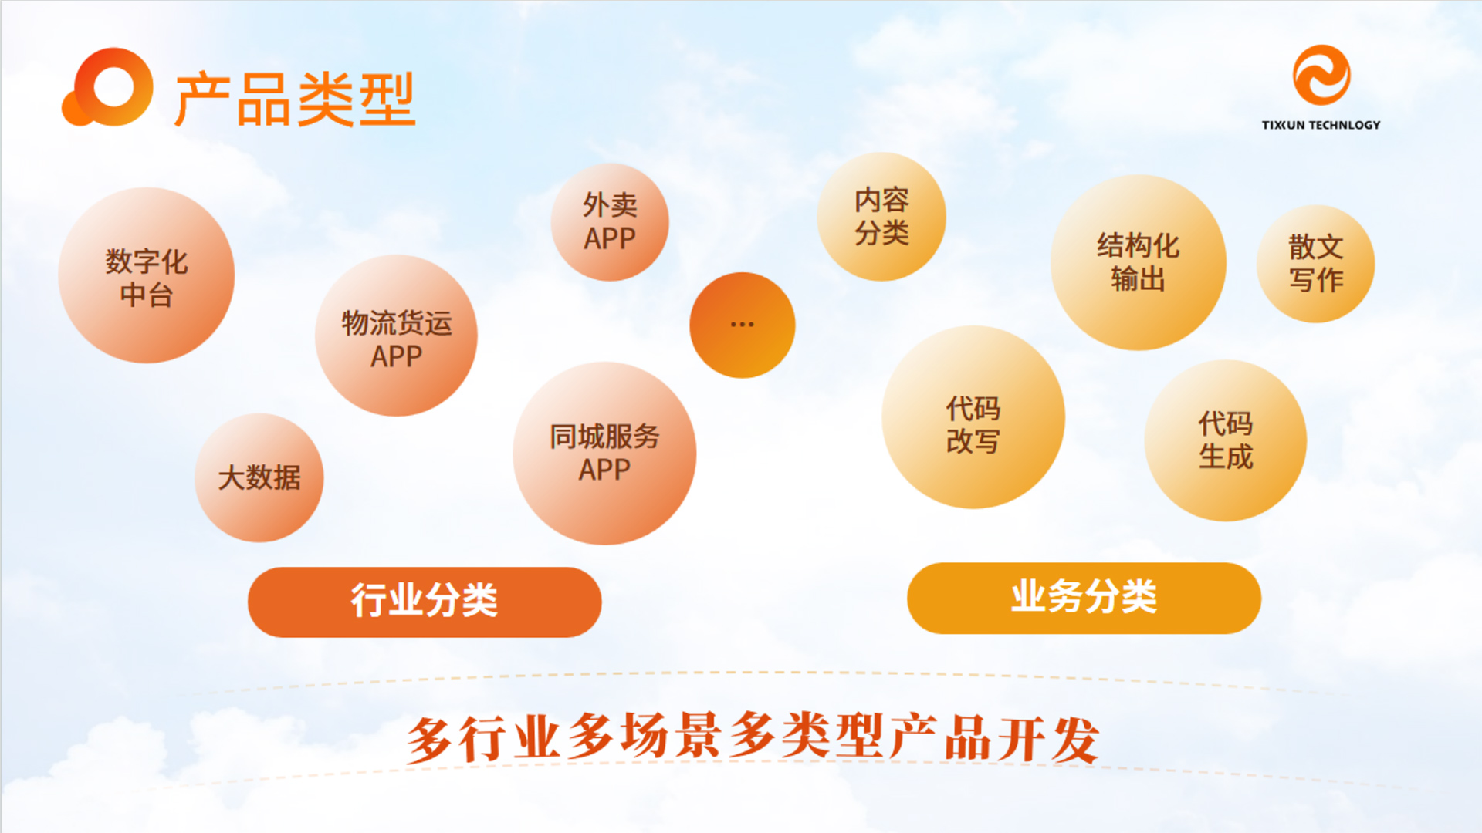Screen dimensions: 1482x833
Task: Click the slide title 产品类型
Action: pyautogui.click(x=295, y=99)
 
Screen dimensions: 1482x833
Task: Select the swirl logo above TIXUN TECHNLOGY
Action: pyautogui.click(x=1321, y=75)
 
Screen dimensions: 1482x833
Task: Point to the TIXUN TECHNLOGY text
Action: pyautogui.click(x=1321, y=125)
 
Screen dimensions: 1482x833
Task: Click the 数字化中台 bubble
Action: pyautogui.click(x=147, y=275)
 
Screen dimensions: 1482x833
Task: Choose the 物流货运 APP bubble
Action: pyautogui.click(x=396, y=336)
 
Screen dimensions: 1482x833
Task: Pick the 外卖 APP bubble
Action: pyautogui.click(x=610, y=222)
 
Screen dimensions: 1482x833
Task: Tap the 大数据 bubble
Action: pyautogui.click(x=259, y=477)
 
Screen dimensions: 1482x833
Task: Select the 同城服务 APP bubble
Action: pyautogui.click(x=604, y=454)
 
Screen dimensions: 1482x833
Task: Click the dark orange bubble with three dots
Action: pyautogui.click(x=742, y=325)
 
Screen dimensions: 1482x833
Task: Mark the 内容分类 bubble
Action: pyautogui.click(x=881, y=217)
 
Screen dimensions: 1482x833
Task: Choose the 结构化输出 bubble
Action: pyautogui.click(x=1139, y=262)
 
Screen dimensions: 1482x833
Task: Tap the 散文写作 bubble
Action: pyautogui.click(x=1316, y=264)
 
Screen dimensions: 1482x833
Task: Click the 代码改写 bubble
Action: pyautogui.click(x=973, y=417)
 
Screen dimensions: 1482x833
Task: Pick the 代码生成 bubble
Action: pyautogui.click(x=1226, y=440)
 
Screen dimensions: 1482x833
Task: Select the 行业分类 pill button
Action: pyautogui.click(x=425, y=602)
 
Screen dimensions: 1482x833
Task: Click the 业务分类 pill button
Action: pyautogui.click(x=1084, y=599)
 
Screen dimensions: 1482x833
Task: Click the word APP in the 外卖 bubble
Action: pyautogui.click(x=610, y=239)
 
